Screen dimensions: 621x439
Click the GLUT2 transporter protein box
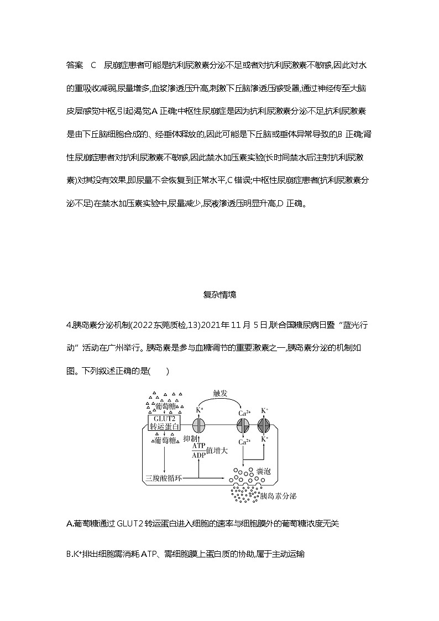164,422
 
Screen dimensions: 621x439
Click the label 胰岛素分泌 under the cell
275,496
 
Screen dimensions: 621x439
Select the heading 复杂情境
219,295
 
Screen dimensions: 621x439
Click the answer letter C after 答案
93,65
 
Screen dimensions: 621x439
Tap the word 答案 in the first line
74,65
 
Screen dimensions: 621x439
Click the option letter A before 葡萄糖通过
69,524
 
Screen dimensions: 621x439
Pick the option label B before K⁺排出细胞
69,554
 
